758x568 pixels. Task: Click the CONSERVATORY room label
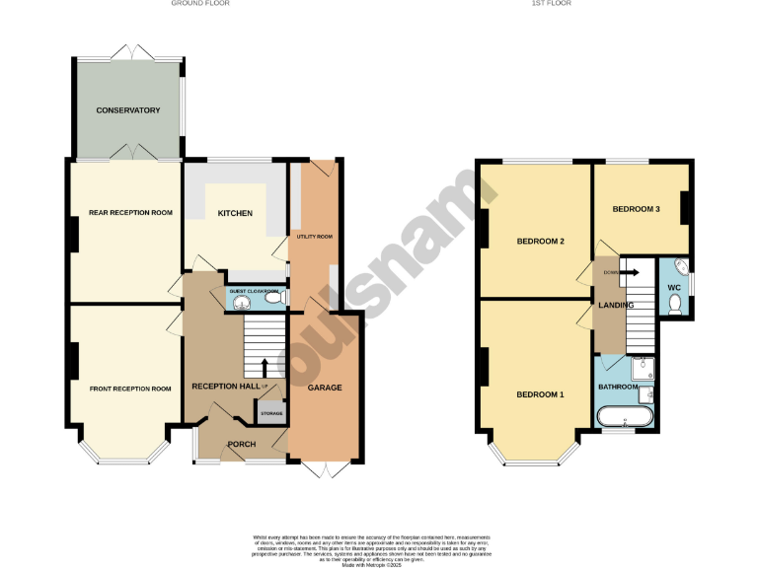127,110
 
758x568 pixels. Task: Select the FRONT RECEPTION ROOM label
129,389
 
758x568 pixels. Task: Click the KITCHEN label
235,213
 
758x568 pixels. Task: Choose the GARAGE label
324,388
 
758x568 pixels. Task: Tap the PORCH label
241,445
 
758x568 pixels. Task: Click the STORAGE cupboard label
271,413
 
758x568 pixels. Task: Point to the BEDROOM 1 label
540,394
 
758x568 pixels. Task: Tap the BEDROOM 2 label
540,241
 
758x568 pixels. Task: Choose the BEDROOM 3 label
636,209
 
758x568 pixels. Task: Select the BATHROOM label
618,387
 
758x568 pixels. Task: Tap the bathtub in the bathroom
625,418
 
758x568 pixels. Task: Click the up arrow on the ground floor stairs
264,368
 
